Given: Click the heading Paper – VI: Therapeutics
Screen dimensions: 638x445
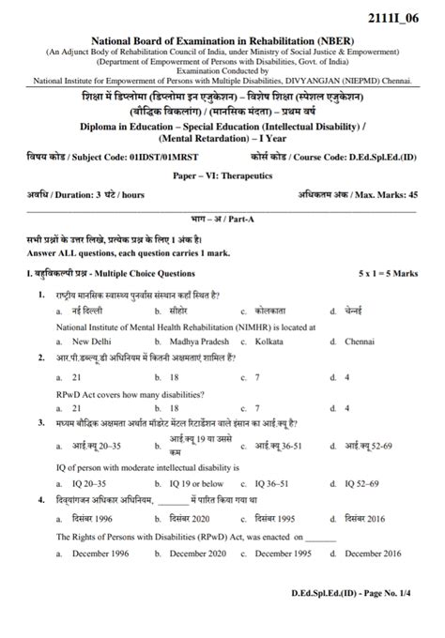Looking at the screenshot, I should tap(222, 175).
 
